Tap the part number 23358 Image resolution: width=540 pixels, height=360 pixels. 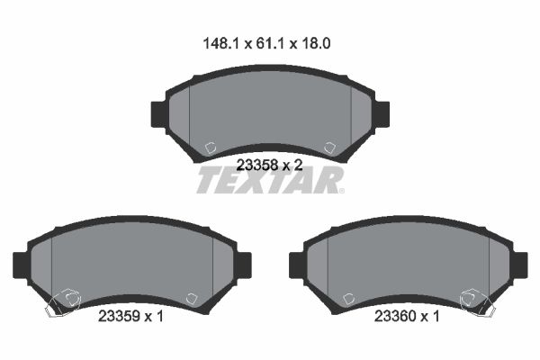[x=256, y=165]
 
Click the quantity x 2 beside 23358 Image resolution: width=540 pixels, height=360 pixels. [x=292, y=165]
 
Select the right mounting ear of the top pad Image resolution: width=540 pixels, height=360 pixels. [x=382, y=113]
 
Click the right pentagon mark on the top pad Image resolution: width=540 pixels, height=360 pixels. [x=328, y=147]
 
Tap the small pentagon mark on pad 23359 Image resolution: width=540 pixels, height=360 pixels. [x=191, y=299]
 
